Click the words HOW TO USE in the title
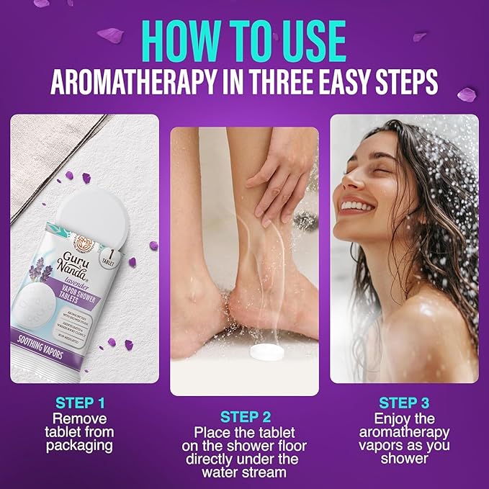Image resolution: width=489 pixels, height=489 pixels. point(244,36)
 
